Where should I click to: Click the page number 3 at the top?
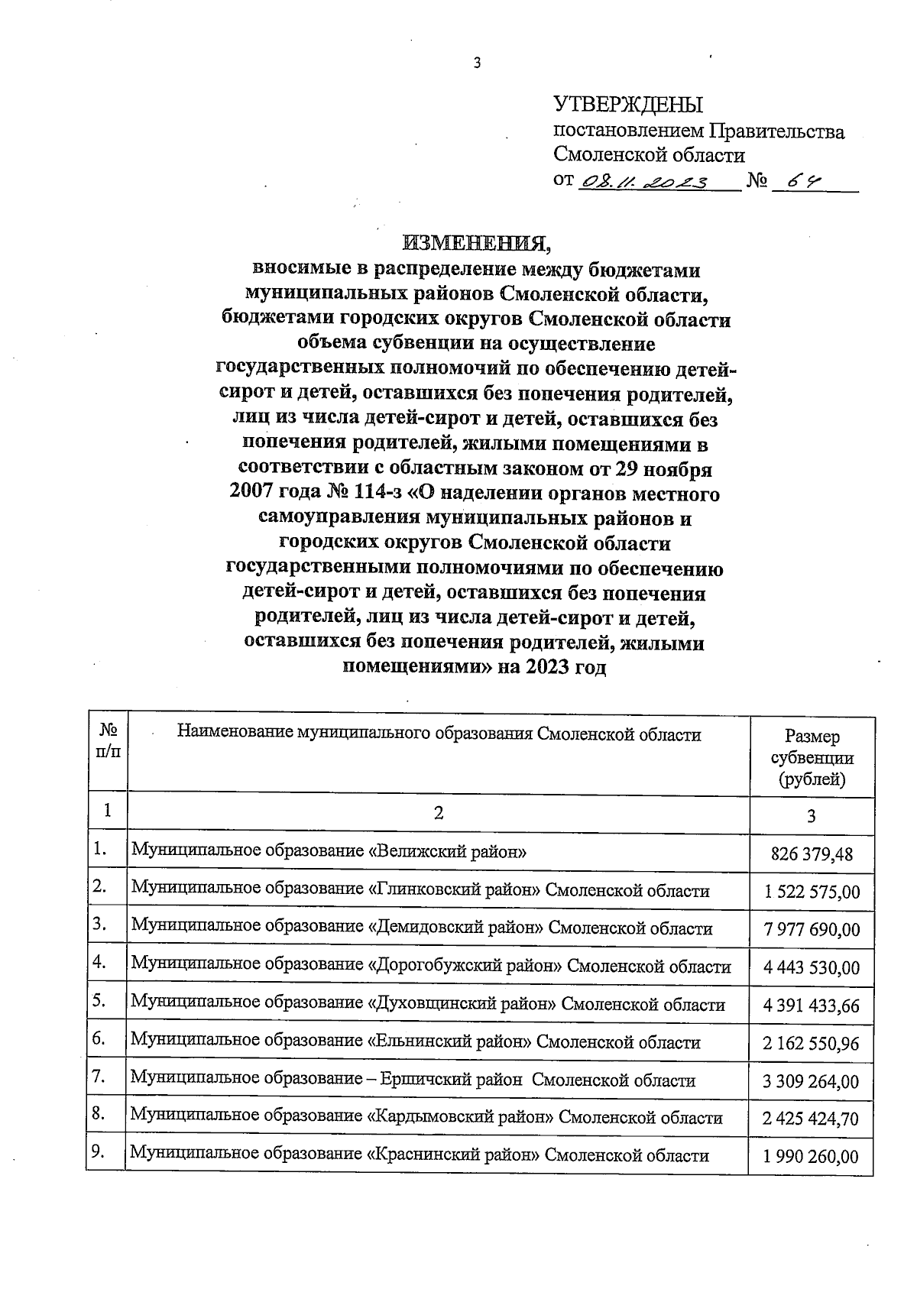point(478,64)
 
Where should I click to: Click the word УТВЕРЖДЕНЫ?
point(627,105)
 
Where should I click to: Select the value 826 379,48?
point(812,854)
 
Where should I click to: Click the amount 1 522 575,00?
point(812,892)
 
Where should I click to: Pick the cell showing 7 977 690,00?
point(812,930)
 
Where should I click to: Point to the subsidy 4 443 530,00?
point(812,968)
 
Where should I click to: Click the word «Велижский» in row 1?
point(413,851)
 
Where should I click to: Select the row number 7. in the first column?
point(99,1077)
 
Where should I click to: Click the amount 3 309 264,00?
point(812,1082)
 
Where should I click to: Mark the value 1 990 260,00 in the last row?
point(812,1157)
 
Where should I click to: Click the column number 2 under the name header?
point(438,814)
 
